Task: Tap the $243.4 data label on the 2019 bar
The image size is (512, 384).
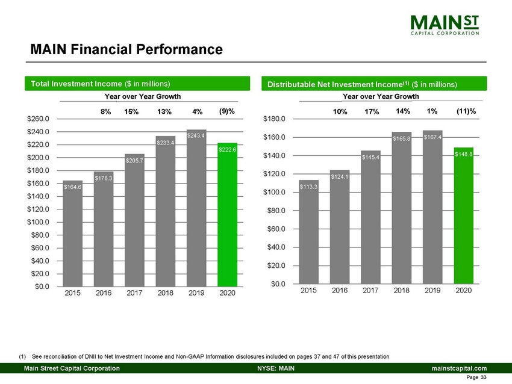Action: (x=196, y=136)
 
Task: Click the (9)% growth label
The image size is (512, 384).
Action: (x=227, y=111)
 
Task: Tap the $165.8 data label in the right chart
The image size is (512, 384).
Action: (x=402, y=138)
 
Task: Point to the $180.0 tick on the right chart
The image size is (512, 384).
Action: (x=274, y=119)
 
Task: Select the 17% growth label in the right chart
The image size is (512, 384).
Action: (x=371, y=111)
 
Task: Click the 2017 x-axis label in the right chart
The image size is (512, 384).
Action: (x=371, y=290)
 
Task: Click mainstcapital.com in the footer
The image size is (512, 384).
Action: (x=458, y=368)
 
